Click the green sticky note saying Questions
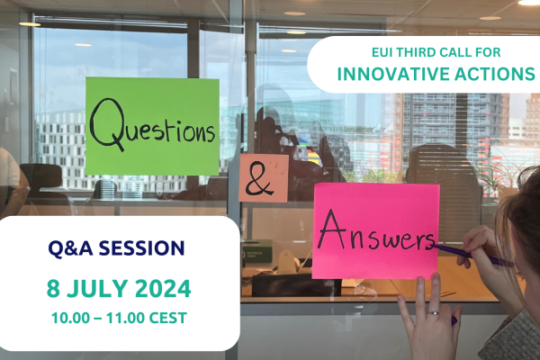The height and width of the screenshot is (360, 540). tap(151, 126)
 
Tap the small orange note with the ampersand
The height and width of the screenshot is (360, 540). tap(263, 178)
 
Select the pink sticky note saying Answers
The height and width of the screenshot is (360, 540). tap(375, 230)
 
